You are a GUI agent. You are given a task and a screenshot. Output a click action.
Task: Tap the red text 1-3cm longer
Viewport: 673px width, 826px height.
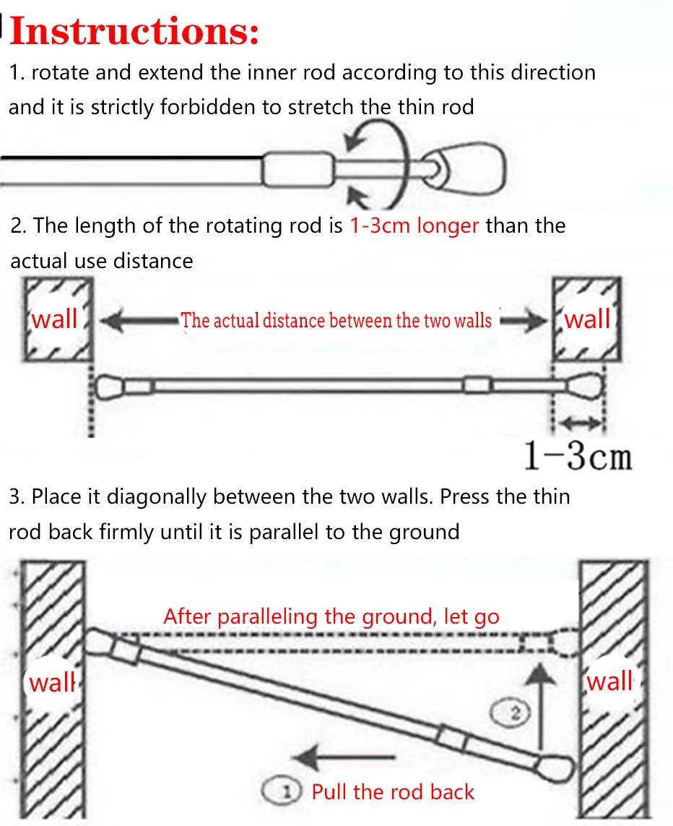click(414, 225)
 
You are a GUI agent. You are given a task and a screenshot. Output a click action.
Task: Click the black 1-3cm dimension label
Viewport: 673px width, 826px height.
click(577, 456)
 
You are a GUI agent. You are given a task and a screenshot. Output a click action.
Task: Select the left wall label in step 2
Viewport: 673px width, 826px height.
click(55, 319)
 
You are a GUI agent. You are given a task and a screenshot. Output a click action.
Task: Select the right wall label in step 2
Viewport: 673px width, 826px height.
click(587, 319)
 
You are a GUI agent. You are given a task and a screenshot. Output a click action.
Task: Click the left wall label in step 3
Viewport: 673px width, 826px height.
click(52, 681)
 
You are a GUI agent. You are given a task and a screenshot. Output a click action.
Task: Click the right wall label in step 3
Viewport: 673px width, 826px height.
click(610, 681)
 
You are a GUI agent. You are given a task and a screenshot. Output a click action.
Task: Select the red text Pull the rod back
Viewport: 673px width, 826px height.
click(393, 792)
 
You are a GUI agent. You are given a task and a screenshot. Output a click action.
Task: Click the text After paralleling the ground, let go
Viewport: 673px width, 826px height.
click(331, 616)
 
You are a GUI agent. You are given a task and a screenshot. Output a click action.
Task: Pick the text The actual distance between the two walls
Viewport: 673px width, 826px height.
click(336, 320)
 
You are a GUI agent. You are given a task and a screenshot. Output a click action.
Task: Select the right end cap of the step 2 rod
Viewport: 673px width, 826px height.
click(585, 384)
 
